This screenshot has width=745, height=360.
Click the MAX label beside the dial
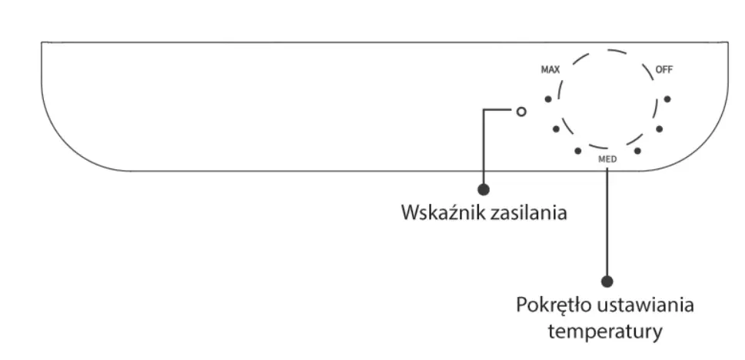point(550,69)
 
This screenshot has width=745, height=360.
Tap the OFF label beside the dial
point(664,69)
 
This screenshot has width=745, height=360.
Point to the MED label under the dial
point(607,160)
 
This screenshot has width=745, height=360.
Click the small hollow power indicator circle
point(522,112)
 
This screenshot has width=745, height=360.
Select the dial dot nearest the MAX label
point(547,99)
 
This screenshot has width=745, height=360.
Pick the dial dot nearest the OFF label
point(667,99)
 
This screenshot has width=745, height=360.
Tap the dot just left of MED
point(578,150)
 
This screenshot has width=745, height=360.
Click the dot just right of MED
point(637,150)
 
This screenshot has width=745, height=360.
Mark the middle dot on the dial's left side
point(556,128)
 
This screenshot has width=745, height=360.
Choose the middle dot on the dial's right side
point(659,128)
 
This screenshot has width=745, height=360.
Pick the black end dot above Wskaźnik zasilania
point(484,188)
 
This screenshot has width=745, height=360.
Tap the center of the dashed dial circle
point(607,99)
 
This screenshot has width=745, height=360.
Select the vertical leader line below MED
point(607,223)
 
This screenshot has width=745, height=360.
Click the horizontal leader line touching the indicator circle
point(500,112)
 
